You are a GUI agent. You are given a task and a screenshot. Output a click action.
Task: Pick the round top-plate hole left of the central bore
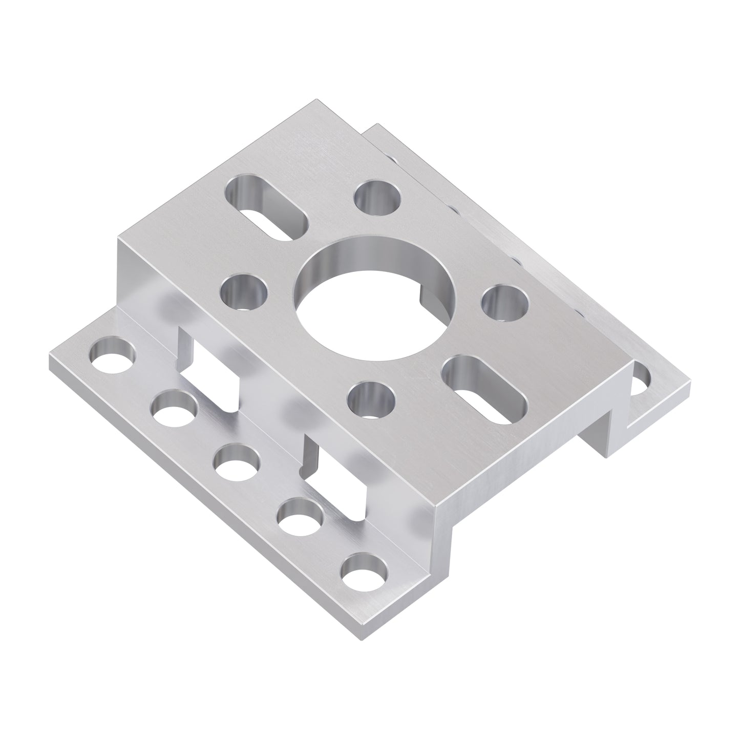tap(244, 292)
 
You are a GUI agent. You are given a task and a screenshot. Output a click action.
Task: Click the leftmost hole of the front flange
tap(113, 355)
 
